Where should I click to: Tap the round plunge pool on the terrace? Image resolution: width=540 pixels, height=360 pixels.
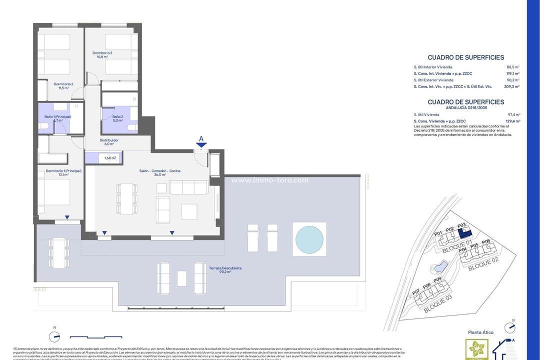(x=309, y=239)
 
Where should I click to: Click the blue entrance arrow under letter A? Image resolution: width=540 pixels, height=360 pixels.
(x=201, y=145)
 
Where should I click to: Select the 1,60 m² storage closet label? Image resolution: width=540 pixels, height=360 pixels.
(x=110, y=158)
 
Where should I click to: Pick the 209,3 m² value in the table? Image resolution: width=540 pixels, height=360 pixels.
(x=512, y=86)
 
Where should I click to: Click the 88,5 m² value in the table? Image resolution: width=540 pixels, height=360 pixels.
(x=513, y=66)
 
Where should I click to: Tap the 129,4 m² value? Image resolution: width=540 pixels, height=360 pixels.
(x=513, y=121)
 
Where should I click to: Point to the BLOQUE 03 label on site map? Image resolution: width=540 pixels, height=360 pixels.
(x=437, y=303)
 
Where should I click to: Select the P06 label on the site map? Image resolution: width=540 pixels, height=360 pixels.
(x=485, y=241)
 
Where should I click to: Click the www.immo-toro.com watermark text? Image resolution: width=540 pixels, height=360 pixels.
(x=270, y=180)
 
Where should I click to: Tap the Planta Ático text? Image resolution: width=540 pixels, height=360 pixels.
(x=480, y=332)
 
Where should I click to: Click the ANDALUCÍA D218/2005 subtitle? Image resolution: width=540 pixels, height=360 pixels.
(x=466, y=107)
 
